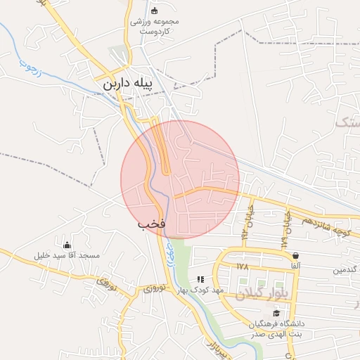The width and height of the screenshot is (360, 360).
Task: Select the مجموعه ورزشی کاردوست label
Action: (155, 26)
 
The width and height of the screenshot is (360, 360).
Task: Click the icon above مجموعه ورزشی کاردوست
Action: (155, 11)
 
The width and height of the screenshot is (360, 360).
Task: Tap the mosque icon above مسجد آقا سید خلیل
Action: (67, 245)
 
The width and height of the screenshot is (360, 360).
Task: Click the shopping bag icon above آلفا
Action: (295, 255)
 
